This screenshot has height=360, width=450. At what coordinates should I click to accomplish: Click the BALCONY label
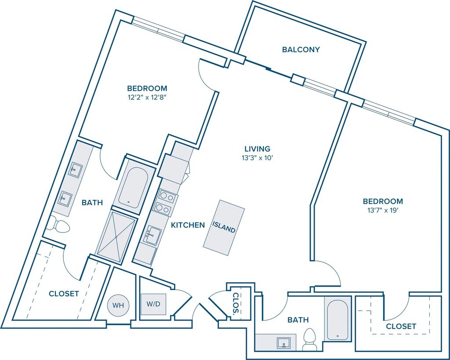tap(301, 50)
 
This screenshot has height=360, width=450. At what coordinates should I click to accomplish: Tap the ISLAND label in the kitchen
tap(224, 227)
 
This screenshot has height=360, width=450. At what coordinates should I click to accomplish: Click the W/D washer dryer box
tap(153, 304)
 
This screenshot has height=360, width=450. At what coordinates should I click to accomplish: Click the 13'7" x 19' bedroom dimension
tap(382, 211)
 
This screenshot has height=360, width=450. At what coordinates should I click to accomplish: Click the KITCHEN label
tap(188, 225)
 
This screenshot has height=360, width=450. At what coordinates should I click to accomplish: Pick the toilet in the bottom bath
tap(310, 340)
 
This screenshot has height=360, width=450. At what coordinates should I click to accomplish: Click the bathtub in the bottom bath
tap(338, 318)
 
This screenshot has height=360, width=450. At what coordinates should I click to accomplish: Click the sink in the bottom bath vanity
tap(282, 342)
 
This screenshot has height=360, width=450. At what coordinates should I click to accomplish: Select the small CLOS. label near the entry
tap(236, 304)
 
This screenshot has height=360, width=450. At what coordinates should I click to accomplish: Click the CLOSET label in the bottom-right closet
tap(401, 326)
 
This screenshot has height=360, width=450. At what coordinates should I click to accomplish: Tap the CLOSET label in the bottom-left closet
tap(64, 294)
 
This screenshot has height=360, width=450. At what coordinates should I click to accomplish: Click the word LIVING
tap(258, 149)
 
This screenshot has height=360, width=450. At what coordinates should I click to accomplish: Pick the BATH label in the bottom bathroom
tap(298, 320)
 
